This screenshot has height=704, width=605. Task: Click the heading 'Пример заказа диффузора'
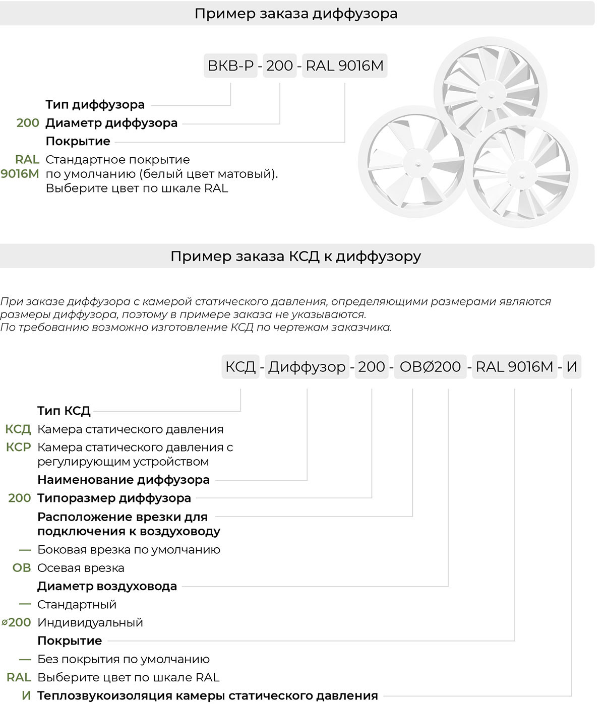(296, 13)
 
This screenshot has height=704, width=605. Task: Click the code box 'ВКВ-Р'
(231, 66)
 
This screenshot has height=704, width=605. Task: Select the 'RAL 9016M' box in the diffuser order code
(344, 66)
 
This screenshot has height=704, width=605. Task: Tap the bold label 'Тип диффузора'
(95, 105)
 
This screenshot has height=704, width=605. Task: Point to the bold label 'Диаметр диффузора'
(111, 123)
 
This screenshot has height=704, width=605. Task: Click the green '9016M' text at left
(20, 174)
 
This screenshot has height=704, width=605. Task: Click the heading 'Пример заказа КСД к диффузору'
(296, 256)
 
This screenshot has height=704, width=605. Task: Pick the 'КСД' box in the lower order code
(240, 367)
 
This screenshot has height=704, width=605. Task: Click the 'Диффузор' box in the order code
(307, 367)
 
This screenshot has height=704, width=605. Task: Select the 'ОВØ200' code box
(430, 367)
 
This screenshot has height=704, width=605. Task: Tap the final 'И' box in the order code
(571, 367)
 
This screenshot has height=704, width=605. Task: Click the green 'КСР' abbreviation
(19, 447)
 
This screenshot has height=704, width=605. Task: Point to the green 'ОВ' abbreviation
(22, 568)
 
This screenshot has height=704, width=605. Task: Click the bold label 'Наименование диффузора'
(124, 480)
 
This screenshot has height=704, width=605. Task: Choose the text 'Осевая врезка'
(81, 568)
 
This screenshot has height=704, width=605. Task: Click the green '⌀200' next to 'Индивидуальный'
(17, 622)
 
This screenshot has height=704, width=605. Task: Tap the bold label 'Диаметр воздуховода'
(107, 586)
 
